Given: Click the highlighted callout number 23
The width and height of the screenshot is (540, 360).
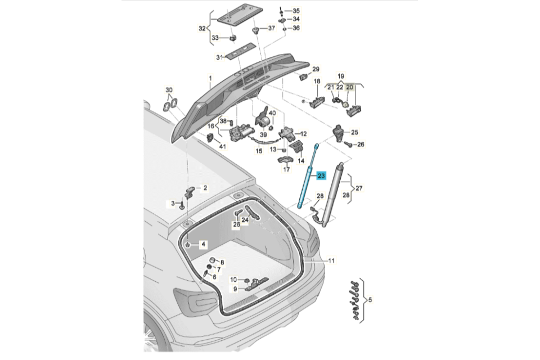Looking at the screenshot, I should (x=321, y=176).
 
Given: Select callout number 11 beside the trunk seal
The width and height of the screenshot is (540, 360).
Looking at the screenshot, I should (x=331, y=261).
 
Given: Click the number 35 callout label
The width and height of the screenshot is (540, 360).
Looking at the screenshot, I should (x=296, y=11).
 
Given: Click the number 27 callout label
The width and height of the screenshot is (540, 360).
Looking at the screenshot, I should (x=359, y=189).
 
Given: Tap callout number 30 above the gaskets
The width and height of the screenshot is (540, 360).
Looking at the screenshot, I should (x=169, y=91).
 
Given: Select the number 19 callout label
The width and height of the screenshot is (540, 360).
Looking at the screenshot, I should (x=340, y=75).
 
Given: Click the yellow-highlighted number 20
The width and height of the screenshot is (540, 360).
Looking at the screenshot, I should (x=349, y=87).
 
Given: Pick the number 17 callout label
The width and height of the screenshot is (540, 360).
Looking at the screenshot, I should (x=286, y=169).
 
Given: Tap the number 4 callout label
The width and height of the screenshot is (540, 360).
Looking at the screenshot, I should (x=204, y=245).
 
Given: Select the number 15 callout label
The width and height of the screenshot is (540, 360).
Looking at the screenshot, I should (x=259, y=151).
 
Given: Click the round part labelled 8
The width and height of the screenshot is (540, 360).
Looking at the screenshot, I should (x=213, y=260).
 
